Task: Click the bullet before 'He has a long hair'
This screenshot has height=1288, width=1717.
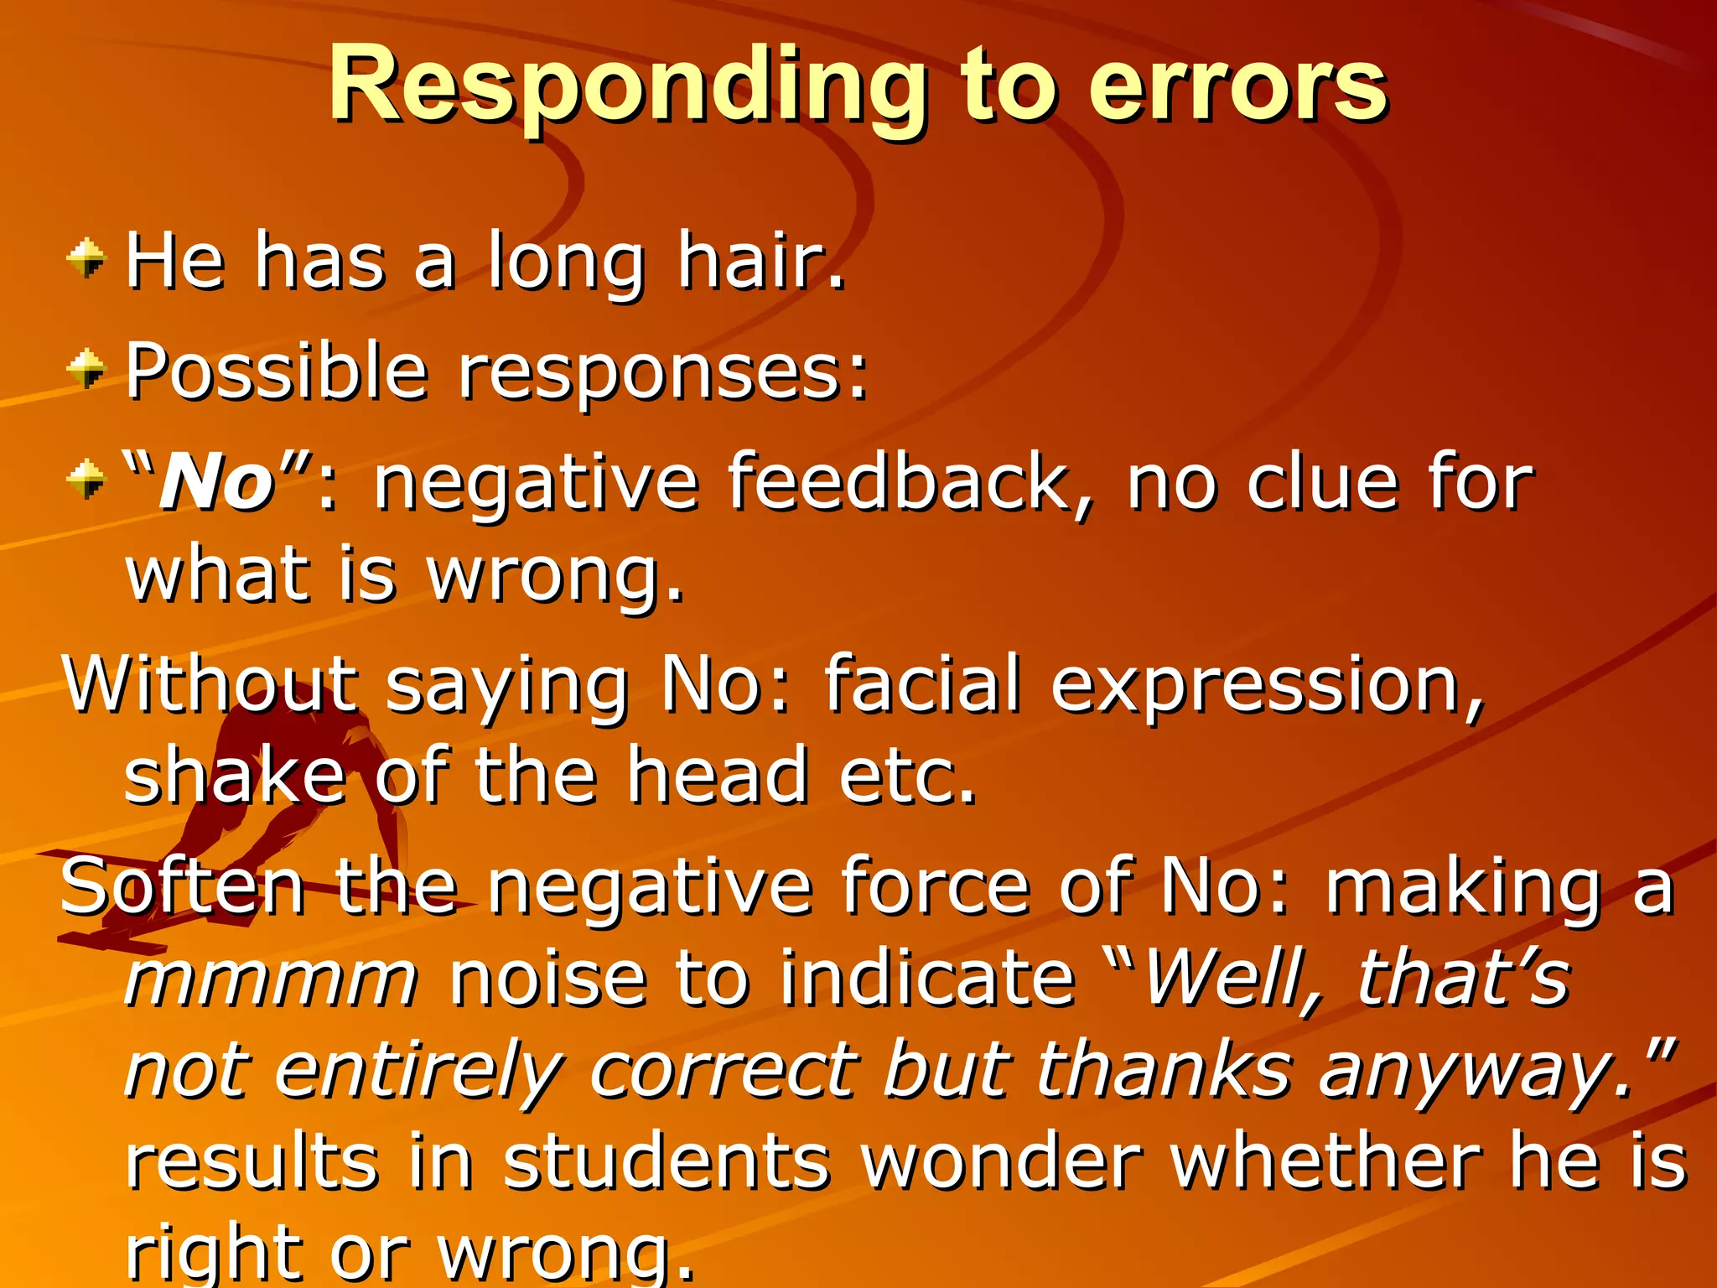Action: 86,258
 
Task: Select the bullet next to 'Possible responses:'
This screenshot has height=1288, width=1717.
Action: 86,369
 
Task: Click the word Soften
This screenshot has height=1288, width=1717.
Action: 183,887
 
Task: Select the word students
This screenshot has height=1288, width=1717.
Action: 667,1163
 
